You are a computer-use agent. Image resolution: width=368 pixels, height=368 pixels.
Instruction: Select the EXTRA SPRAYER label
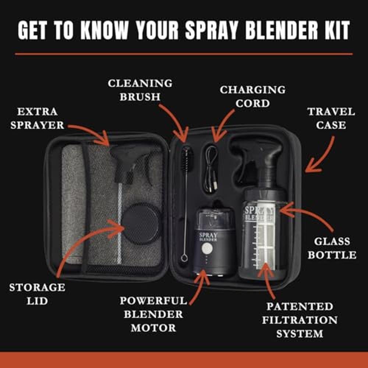point(37,118)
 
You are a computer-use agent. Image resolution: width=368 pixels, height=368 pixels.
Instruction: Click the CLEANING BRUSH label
point(140,90)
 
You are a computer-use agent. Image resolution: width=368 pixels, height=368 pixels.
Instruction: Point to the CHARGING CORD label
point(252,96)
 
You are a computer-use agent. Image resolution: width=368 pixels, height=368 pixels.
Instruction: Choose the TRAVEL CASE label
point(331,118)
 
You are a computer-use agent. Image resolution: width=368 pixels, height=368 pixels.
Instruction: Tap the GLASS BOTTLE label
point(332,248)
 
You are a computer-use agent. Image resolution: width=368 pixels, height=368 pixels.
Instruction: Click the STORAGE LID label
point(37,294)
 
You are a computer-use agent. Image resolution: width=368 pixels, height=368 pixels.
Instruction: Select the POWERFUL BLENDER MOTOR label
point(153,314)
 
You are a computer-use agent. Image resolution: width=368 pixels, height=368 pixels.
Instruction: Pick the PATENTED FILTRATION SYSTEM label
point(300,320)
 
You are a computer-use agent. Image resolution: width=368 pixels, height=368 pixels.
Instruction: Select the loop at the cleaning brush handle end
point(184,258)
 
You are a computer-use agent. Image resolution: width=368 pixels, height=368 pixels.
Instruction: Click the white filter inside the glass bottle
point(266,236)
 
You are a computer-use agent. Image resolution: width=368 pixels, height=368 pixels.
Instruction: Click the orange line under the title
point(184,54)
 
